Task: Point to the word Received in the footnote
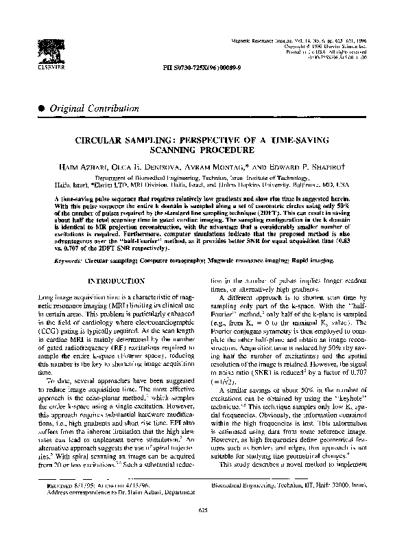tap(58, 503)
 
